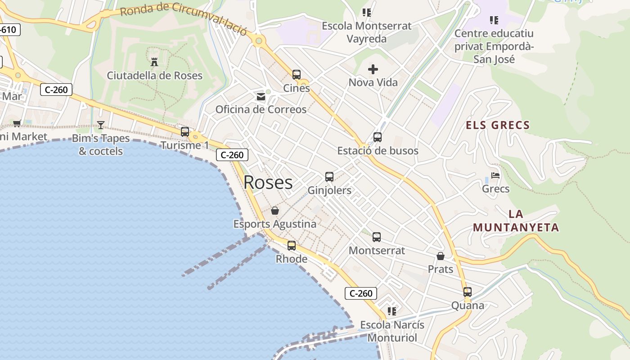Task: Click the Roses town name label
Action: pyautogui.click(x=268, y=182)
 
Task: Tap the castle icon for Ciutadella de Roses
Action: pyautogui.click(x=154, y=62)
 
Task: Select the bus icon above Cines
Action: pyautogui.click(x=296, y=74)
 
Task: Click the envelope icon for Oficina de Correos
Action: pyautogui.click(x=261, y=96)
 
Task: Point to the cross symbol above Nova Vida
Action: pyautogui.click(x=373, y=69)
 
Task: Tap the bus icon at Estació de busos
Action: pyautogui.click(x=378, y=137)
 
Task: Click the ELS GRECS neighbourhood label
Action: pyautogui.click(x=498, y=125)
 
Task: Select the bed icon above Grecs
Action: pyautogui.click(x=495, y=175)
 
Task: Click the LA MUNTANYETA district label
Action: pyautogui.click(x=516, y=221)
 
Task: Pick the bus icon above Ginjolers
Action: pyautogui.click(x=329, y=177)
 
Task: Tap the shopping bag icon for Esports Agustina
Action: pyautogui.click(x=274, y=211)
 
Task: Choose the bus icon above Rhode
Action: pyautogui.click(x=292, y=246)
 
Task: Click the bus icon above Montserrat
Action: pyautogui.click(x=377, y=237)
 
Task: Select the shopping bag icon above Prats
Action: pyautogui.click(x=441, y=256)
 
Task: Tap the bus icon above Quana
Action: pyautogui.click(x=468, y=292)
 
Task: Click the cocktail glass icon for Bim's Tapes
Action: pyautogui.click(x=101, y=125)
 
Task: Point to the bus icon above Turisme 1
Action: pyautogui.click(x=184, y=132)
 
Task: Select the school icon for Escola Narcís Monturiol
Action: pyautogui.click(x=392, y=311)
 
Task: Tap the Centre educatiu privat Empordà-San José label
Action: pyautogui.click(x=494, y=46)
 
